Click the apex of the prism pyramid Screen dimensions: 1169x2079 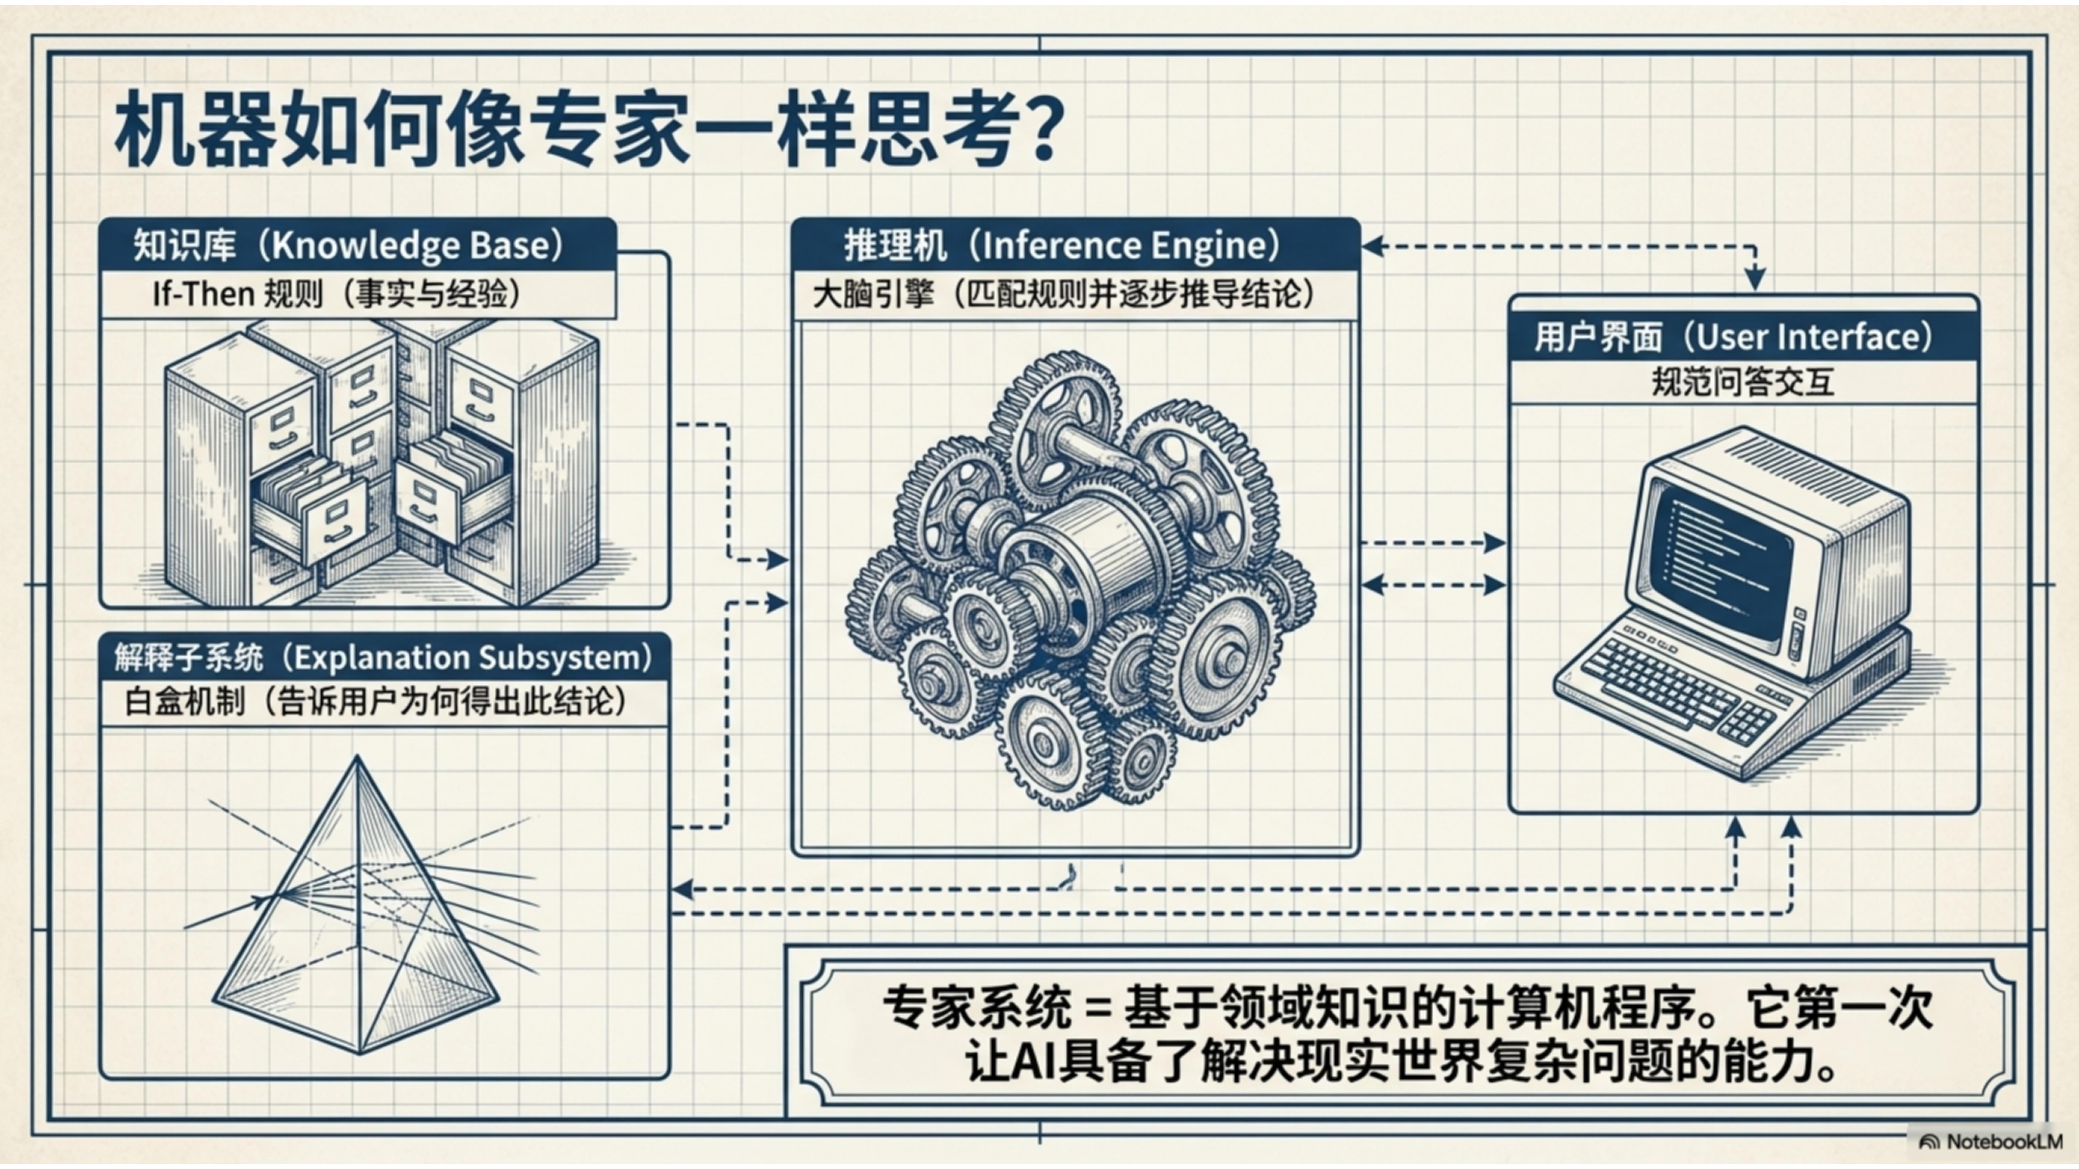[x=357, y=758]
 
